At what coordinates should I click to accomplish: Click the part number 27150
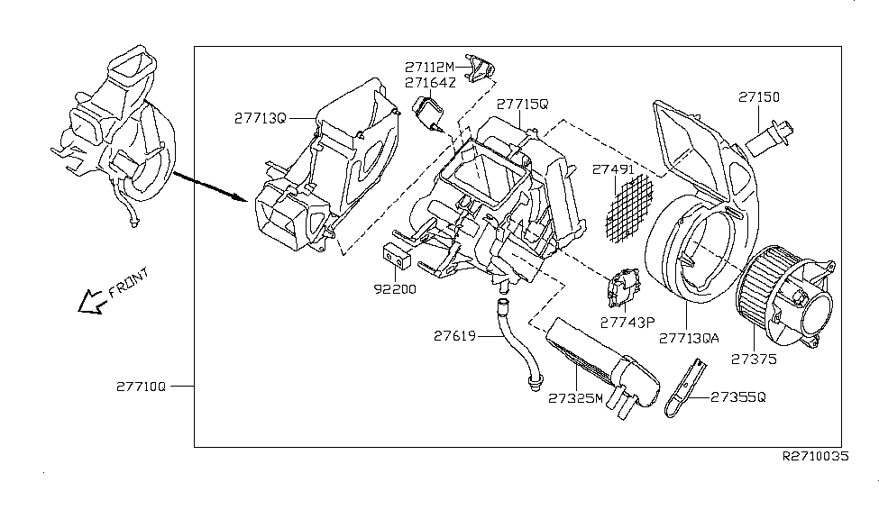click(759, 97)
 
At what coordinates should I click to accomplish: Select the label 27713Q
click(261, 118)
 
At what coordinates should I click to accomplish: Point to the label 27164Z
click(431, 83)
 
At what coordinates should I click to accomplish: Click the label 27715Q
click(522, 105)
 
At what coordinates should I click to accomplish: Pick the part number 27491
click(613, 168)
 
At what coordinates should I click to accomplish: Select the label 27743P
click(628, 321)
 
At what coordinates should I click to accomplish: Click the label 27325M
click(574, 397)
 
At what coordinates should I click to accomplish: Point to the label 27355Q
click(737, 396)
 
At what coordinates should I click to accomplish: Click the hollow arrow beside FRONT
click(91, 303)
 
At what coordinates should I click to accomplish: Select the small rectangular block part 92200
click(395, 256)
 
